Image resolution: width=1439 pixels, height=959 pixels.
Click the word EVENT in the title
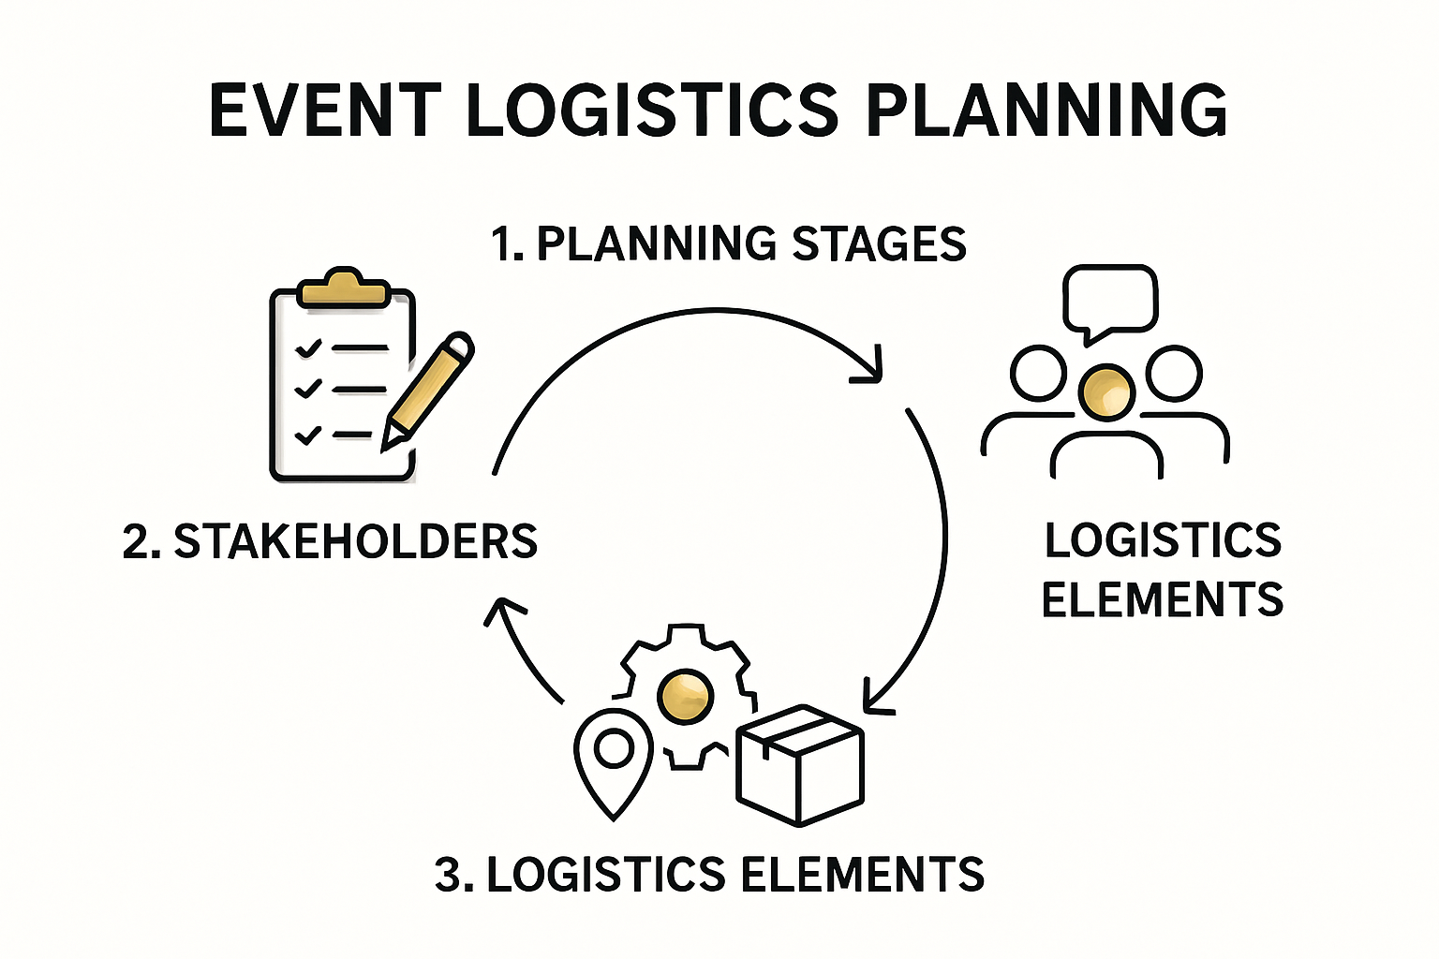(x=324, y=111)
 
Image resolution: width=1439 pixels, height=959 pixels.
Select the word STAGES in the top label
(x=879, y=243)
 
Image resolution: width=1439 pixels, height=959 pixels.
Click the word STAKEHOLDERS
(x=356, y=541)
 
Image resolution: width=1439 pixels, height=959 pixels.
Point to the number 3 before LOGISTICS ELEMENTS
(x=450, y=875)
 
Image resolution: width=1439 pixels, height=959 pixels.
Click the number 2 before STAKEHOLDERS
(x=137, y=542)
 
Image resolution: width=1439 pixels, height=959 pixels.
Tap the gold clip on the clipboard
(x=343, y=288)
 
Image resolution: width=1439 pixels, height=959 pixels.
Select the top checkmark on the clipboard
(x=308, y=348)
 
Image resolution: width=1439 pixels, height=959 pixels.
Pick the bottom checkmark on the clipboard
(x=308, y=435)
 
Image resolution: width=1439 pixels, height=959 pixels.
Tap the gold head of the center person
(x=1105, y=391)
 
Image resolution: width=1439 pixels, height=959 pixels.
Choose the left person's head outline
(x=1038, y=373)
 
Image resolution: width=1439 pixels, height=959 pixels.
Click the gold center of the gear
(x=685, y=696)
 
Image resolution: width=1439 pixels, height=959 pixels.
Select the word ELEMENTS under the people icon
(x=1162, y=599)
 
